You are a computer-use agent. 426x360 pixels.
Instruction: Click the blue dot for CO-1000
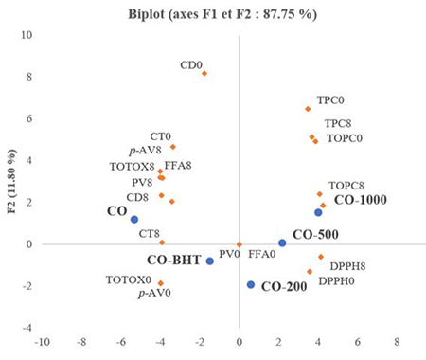coord(318,212)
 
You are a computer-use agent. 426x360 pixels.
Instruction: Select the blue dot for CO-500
coord(282,243)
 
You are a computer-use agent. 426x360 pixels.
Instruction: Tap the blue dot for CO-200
coord(251,284)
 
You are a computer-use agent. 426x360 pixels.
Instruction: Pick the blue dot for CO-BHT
coord(210,261)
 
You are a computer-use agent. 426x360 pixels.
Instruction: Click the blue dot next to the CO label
coord(134,219)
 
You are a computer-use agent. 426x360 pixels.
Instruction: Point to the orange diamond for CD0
coord(204,74)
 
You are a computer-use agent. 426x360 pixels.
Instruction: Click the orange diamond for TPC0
coord(308,109)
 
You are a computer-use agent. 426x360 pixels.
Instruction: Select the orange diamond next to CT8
coord(162,243)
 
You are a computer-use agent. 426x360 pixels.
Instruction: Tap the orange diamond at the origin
coord(239,244)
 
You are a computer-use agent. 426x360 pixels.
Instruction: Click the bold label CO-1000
coord(361,200)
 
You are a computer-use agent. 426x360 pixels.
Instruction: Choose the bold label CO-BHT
coord(174,261)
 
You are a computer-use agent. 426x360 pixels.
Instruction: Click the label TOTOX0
coord(129,279)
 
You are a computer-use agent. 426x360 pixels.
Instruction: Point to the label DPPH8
coord(347,266)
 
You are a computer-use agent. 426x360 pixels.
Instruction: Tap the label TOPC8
coord(346,186)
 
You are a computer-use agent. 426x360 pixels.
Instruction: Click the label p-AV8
coord(145,150)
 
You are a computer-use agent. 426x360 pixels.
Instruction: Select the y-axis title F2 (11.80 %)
coord(11,181)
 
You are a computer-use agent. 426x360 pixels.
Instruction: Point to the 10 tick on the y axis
coord(27,35)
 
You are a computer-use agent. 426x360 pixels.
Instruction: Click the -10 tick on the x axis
coord(42,342)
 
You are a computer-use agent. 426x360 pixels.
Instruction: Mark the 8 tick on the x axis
coord(397,342)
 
